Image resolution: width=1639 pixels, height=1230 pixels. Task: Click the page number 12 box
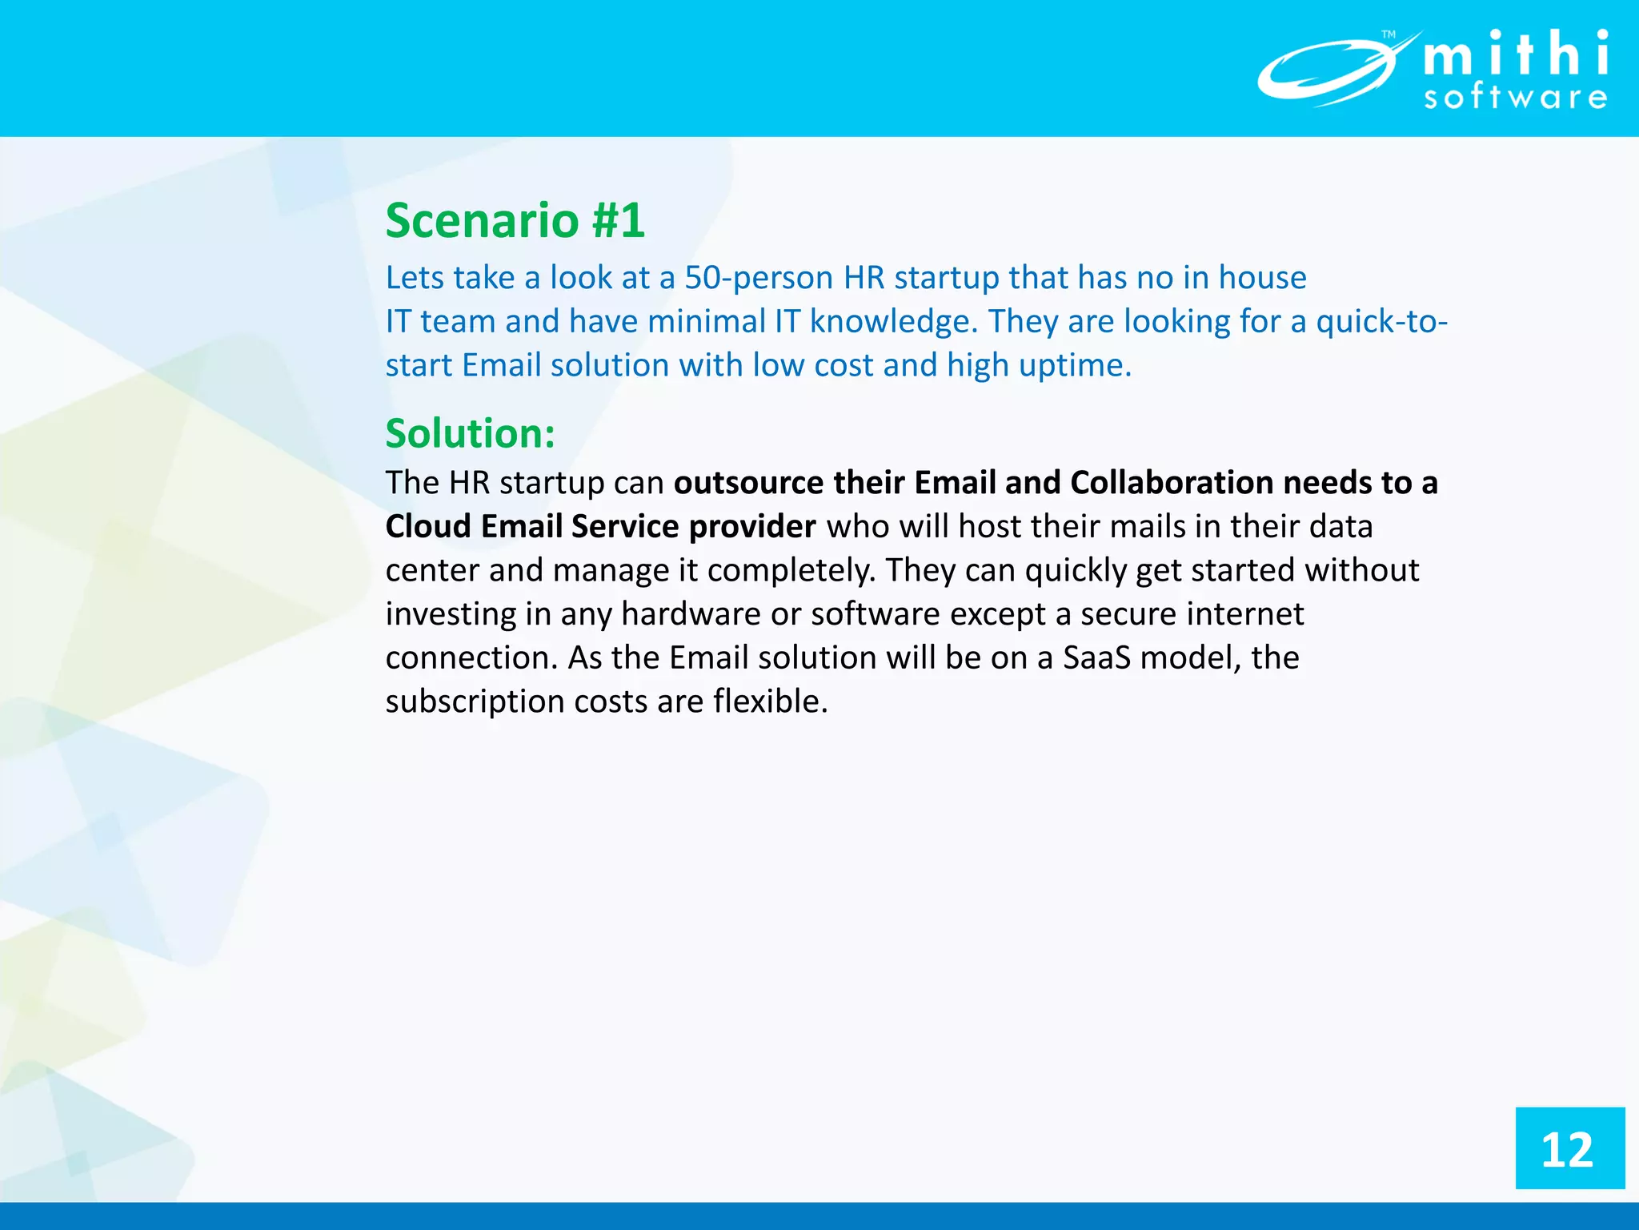point(1569,1148)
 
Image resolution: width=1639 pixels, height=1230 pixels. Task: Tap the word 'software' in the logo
point(1516,98)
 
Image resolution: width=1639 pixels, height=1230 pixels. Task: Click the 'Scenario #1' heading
point(515,220)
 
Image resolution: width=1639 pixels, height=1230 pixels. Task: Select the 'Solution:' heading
point(470,433)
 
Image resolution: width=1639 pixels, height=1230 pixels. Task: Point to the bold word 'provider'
point(752,527)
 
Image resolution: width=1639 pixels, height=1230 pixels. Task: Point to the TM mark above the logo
point(1389,34)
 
